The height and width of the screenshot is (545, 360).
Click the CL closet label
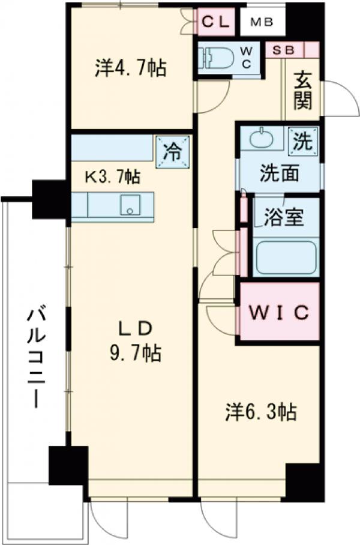pos(214,22)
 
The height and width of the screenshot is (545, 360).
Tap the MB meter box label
pos(262,23)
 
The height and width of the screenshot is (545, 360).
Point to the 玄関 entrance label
pos(303,90)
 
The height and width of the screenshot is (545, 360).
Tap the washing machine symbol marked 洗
pos(303,141)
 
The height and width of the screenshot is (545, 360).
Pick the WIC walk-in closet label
pos(279,312)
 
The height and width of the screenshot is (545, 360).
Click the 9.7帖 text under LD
pos(136,354)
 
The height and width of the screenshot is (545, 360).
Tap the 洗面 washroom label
pos(279,173)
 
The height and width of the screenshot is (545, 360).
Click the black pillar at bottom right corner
pos(304,481)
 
